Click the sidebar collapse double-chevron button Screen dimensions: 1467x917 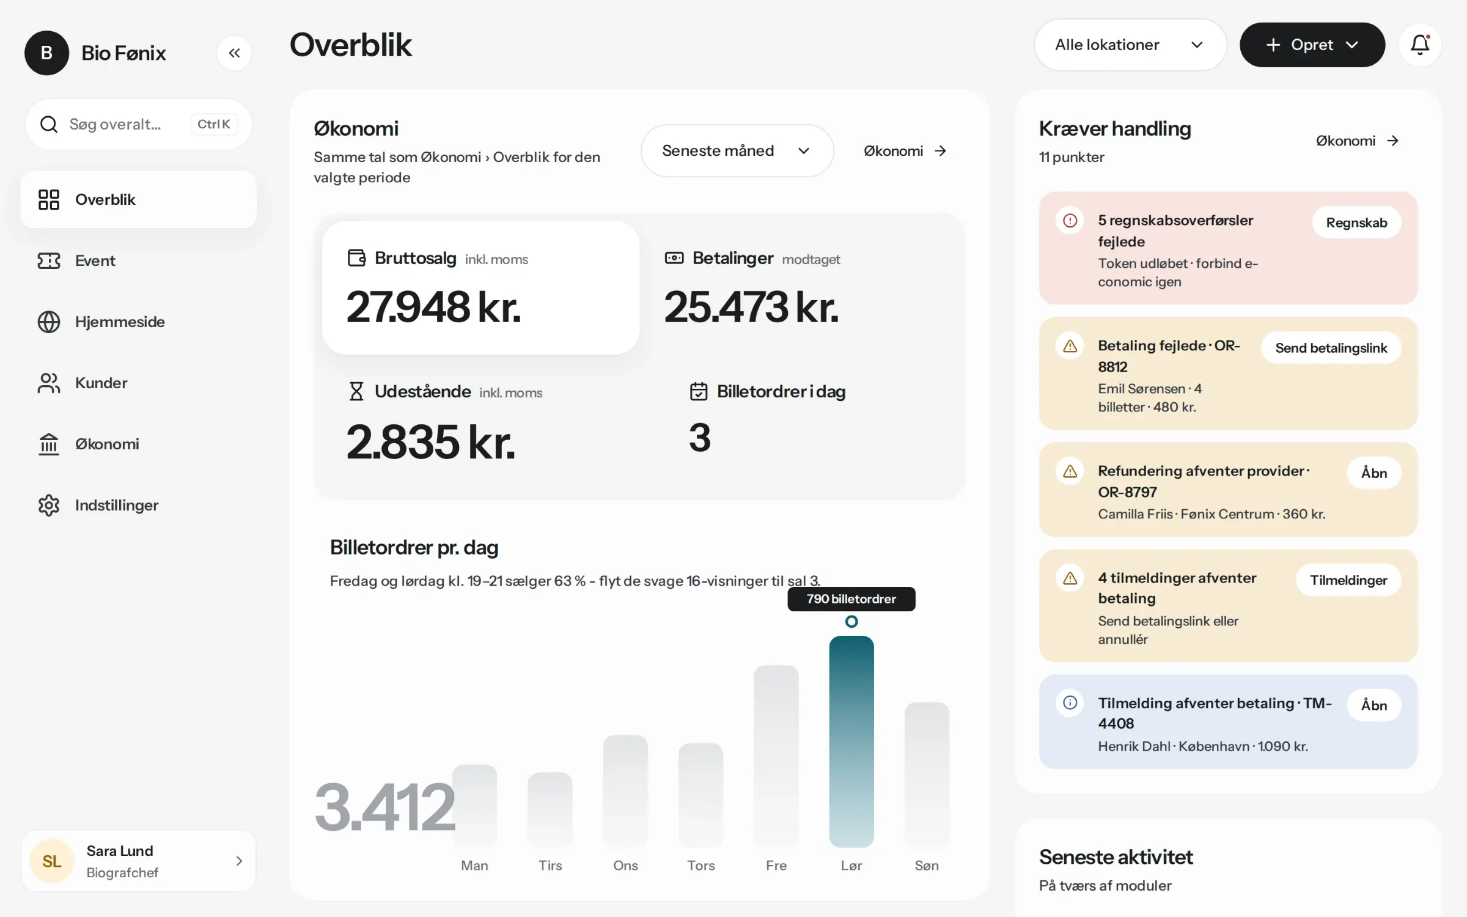[x=234, y=53]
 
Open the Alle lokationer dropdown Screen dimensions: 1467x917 [x=1130, y=45]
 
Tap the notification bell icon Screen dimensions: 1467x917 [x=1420, y=45]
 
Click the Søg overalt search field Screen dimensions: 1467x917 [x=138, y=124]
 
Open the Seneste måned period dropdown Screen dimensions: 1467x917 [x=737, y=151]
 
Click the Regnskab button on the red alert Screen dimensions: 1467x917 [x=1356, y=223]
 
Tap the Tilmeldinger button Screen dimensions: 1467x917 [x=1348, y=580]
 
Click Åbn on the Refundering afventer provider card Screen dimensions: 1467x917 [x=1374, y=473]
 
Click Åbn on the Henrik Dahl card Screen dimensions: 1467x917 [x=1374, y=705]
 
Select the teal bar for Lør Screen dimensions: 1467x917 [x=851, y=742]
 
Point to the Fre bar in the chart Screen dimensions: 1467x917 [x=776, y=756]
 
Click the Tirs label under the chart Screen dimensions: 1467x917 [x=550, y=865]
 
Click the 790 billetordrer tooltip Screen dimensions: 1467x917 [x=851, y=599]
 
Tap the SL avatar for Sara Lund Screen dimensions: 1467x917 [x=52, y=861]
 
